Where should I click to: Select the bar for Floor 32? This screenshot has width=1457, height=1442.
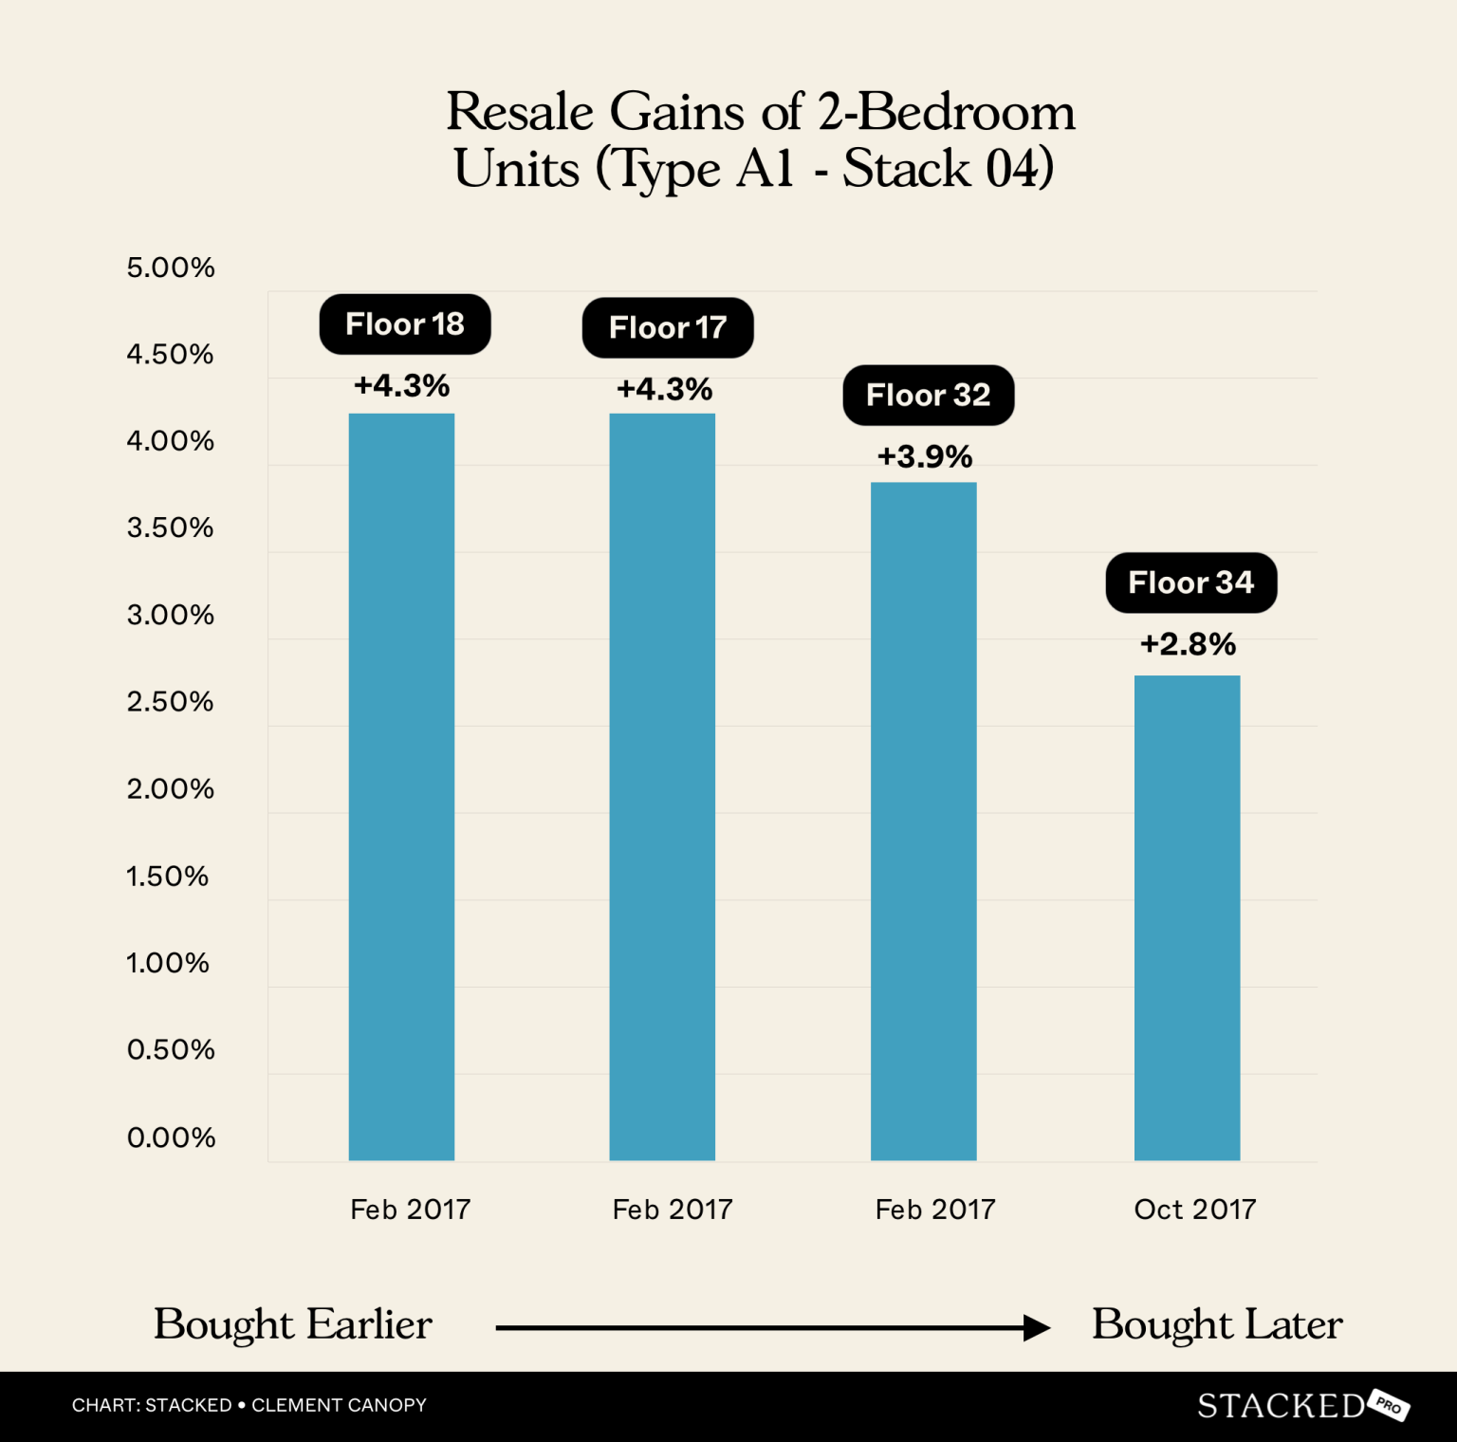pyautogui.click(x=923, y=821)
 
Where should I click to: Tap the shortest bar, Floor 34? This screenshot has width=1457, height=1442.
pyautogui.click(x=1187, y=917)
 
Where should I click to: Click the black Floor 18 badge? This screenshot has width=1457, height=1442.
pyautogui.click(x=405, y=324)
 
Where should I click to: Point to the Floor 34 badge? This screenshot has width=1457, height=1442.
pyautogui.click(x=1190, y=582)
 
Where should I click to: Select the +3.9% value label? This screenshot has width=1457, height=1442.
pyautogui.click(x=924, y=457)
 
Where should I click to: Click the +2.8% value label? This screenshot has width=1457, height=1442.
pyautogui.click(x=1188, y=645)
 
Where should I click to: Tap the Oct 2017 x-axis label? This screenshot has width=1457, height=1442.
pyautogui.click(x=1194, y=1210)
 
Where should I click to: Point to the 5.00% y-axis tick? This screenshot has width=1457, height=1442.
pyautogui.click(x=171, y=268)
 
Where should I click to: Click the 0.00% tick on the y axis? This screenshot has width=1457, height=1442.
pyautogui.click(x=171, y=1137)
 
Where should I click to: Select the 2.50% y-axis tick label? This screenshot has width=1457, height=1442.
pyautogui.click(x=171, y=702)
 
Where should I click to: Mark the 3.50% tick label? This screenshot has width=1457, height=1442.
pyautogui.click(x=171, y=528)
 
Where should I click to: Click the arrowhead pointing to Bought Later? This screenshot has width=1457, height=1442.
pyautogui.click(x=1038, y=1328)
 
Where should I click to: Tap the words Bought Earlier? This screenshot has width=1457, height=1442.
pyautogui.click(x=292, y=1324)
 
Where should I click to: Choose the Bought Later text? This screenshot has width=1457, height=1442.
pyautogui.click(x=1217, y=1324)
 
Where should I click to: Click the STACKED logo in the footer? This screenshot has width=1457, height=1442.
pyautogui.click(x=1281, y=1405)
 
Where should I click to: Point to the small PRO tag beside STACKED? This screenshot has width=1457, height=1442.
pyautogui.click(x=1389, y=1406)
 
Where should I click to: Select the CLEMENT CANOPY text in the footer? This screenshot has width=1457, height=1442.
pyautogui.click(x=339, y=1405)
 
